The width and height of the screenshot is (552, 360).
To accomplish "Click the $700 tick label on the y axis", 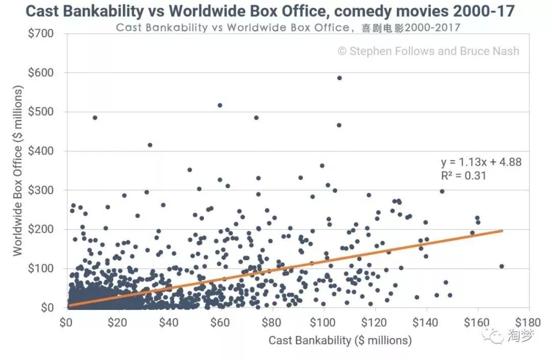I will [48, 34].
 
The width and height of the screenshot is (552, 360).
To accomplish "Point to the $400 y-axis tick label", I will [48, 151].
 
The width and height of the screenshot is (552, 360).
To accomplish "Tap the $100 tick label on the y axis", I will [48, 269].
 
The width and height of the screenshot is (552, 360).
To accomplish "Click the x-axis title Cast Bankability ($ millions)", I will [340, 340].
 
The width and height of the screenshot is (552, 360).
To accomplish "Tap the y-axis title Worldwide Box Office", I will [18, 171].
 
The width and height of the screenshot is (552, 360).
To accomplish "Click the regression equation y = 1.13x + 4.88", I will [481, 163].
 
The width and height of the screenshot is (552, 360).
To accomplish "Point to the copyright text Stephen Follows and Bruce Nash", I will [428, 51].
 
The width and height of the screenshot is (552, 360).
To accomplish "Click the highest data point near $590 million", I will [339, 78].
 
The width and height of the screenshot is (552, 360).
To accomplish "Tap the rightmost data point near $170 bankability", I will [501, 266].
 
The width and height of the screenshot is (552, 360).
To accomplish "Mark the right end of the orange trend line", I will [502, 231].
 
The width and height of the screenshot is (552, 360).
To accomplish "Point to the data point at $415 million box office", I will [150, 145].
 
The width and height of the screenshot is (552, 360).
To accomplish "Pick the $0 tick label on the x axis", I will [66, 323].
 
